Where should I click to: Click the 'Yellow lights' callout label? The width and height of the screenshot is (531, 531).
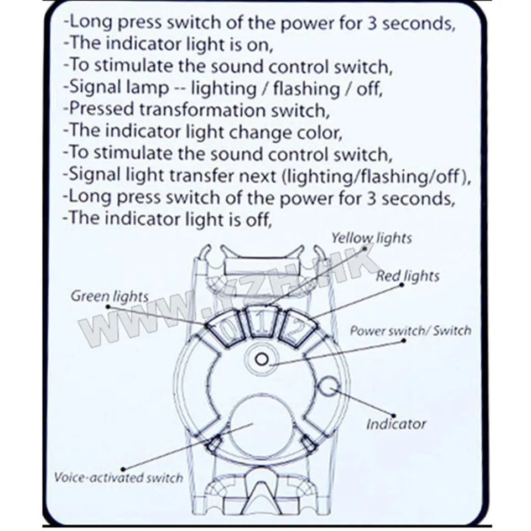click(x=371, y=238)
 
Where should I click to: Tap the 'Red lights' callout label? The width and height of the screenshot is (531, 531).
click(x=408, y=275)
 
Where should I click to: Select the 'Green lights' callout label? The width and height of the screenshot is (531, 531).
click(x=110, y=296)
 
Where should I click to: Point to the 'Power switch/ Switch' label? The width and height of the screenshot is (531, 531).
click(x=410, y=331)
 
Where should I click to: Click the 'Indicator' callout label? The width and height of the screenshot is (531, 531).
click(x=396, y=424)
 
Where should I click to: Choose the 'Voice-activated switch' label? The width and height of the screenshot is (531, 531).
click(x=118, y=477)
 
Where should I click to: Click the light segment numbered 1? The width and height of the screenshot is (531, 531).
click(x=263, y=321)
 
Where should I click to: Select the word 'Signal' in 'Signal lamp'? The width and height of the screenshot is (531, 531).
click(x=88, y=88)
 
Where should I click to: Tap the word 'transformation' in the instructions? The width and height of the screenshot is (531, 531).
click(x=202, y=110)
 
